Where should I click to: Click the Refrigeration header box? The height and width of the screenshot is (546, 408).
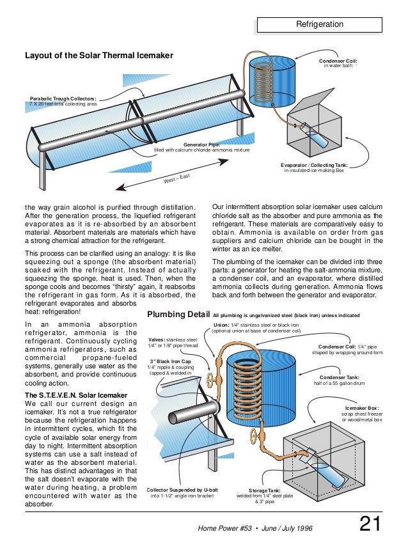click(319, 25)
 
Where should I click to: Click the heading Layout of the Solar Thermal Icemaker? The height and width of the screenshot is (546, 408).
click(99, 56)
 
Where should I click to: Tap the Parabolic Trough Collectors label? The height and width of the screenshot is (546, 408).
click(63, 99)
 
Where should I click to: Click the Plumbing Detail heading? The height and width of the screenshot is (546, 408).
click(178, 315)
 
